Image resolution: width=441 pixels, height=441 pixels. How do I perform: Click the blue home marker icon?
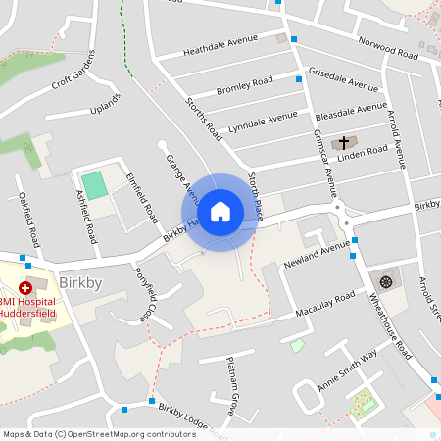click(220, 212)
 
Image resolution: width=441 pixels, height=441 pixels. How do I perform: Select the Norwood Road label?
click(362, 45)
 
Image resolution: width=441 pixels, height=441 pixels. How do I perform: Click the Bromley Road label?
click(244, 86)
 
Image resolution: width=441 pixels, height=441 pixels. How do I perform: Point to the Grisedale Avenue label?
click(343, 79)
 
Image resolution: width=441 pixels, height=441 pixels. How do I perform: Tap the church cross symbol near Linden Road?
click(343, 143)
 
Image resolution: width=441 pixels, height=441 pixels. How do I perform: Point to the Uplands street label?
click(104, 105)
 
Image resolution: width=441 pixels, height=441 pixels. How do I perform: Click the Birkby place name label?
click(80, 284)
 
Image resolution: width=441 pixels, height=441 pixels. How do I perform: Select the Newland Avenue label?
click(317, 256)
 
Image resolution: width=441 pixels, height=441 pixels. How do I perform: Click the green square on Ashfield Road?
click(93, 183)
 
